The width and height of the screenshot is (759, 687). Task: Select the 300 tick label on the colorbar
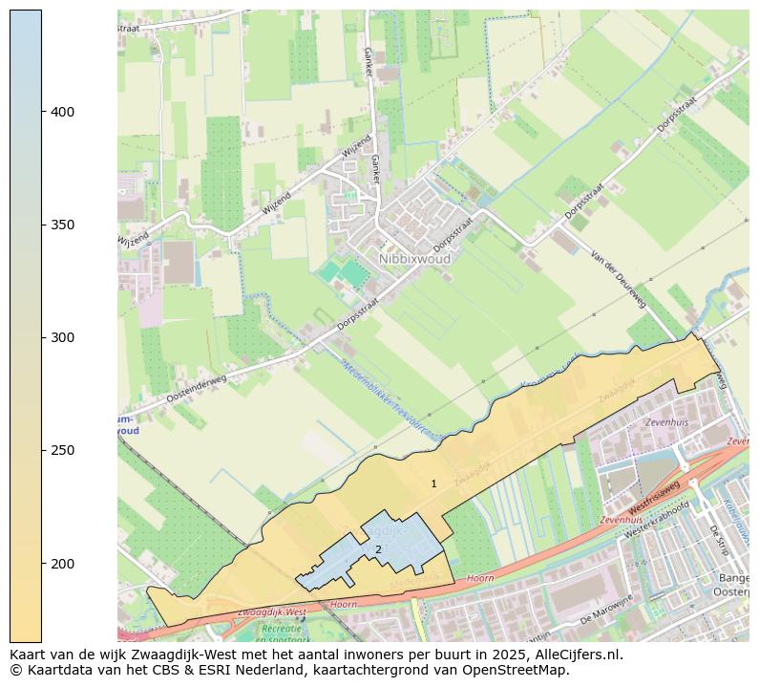(63, 337)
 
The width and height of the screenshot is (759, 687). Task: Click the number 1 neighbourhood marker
(433, 484)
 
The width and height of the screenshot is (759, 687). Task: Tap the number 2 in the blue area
(378, 549)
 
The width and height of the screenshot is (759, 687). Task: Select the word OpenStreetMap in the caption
(516, 670)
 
